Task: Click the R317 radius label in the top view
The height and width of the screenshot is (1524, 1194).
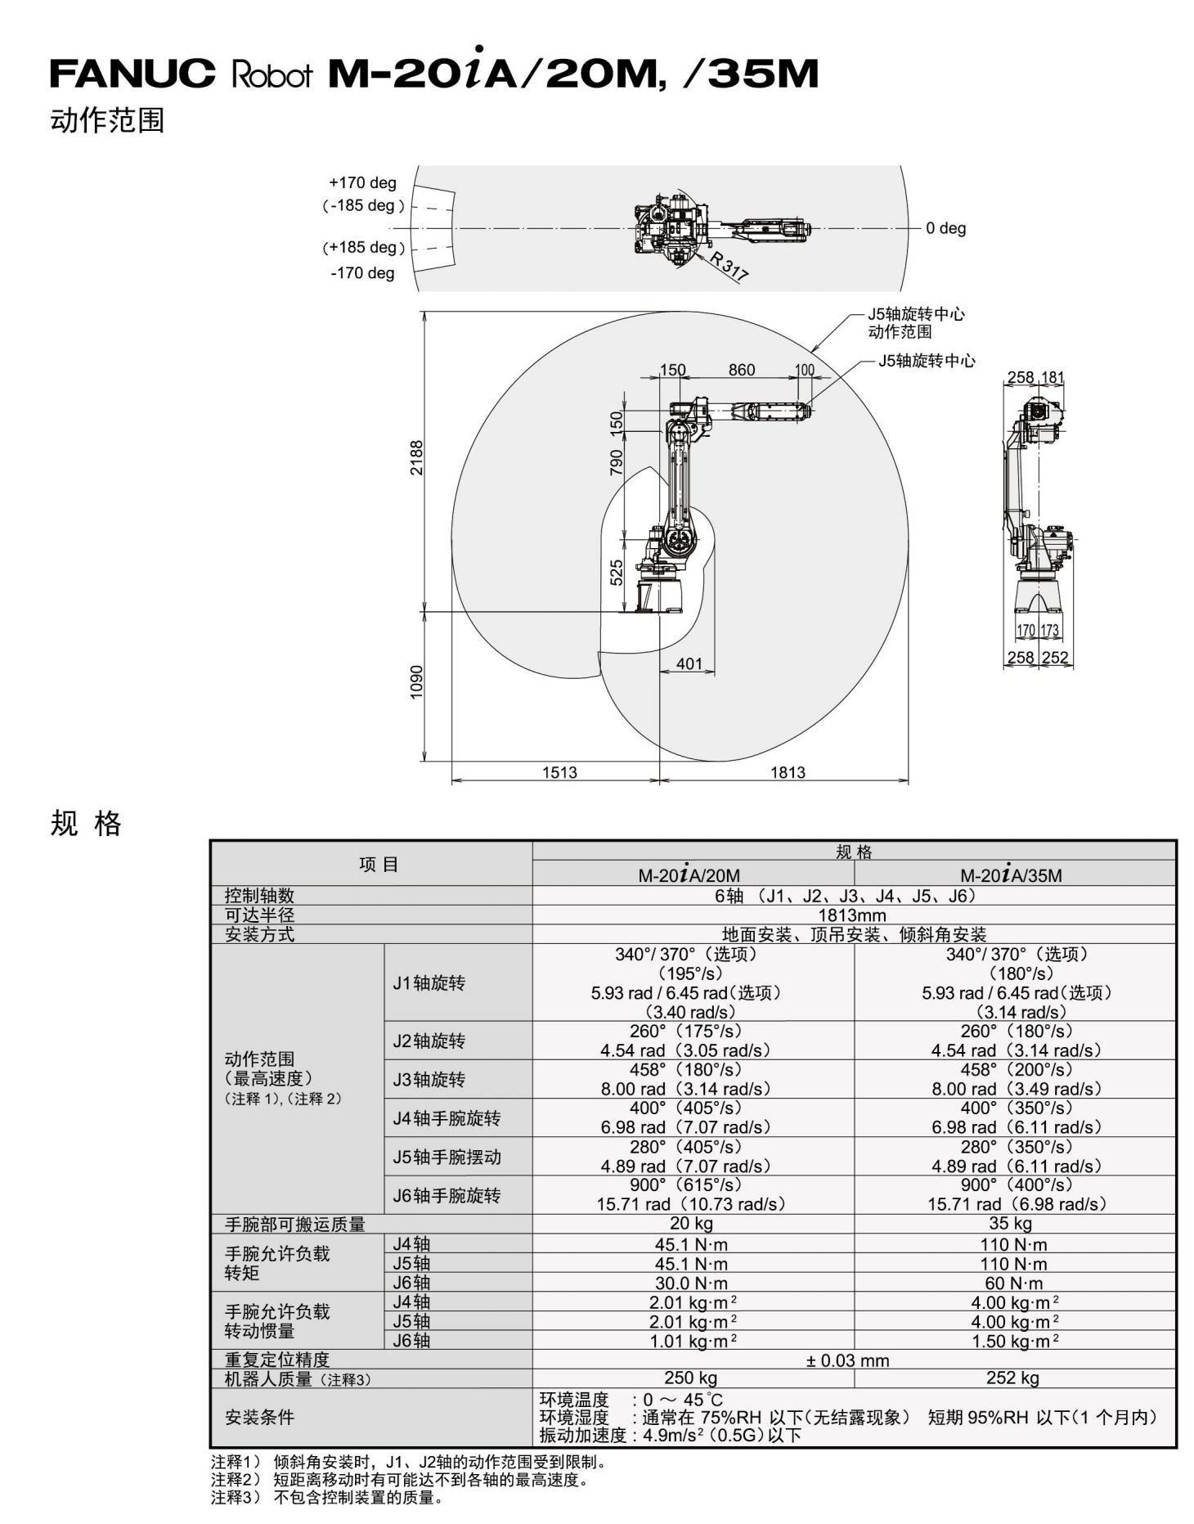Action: click(729, 267)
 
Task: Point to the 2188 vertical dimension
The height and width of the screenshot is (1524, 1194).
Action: click(417, 458)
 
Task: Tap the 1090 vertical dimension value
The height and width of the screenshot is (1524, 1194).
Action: click(417, 682)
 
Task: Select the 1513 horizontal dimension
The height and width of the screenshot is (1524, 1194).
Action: click(559, 772)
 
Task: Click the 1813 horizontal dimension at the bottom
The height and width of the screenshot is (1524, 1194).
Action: click(788, 772)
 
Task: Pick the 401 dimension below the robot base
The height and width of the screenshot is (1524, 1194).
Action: click(689, 663)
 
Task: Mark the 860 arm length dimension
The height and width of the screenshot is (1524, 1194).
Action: click(742, 370)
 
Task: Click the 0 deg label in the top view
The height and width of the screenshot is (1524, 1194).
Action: click(945, 228)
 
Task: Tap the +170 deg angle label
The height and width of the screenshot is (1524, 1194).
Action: click(362, 182)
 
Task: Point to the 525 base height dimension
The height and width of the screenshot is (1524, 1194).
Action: click(617, 572)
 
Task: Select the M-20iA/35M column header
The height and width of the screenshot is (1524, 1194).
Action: click(1011, 874)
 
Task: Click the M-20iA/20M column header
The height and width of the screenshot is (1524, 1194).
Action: click(689, 874)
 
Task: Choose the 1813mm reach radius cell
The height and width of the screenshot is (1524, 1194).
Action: click(852, 915)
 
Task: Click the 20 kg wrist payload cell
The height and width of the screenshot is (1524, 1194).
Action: click(691, 1224)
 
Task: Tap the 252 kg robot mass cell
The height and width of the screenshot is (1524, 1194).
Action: click(1012, 1378)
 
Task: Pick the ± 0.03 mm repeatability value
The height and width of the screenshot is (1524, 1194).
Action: click(847, 1360)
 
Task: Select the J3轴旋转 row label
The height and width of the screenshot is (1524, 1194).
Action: click(429, 1080)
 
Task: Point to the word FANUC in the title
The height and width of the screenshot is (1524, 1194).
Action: click(132, 74)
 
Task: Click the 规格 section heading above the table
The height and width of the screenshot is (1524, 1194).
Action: click(86, 824)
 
